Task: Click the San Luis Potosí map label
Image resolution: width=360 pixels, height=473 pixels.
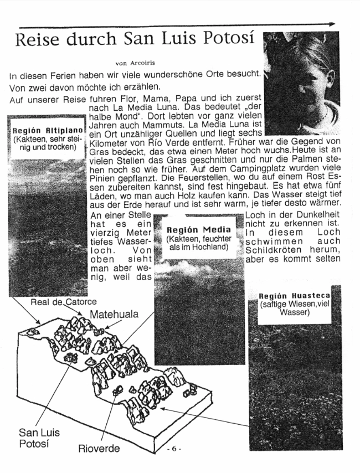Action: pyautogui.click(x=39, y=438)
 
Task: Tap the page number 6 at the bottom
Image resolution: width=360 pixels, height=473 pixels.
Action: pyautogui.click(x=174, y=448)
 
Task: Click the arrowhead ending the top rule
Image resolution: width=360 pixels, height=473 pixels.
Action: pyautogui.click(x=331, y=24)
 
